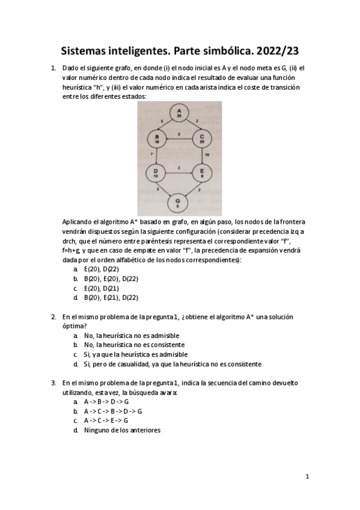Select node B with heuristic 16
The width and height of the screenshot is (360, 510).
[157, 139]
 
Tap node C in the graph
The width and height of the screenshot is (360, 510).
[201, 139]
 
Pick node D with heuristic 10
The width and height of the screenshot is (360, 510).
[157, 173]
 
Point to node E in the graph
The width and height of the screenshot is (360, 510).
[201, 173]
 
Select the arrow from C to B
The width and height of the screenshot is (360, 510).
[179, 139]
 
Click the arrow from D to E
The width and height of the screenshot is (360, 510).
[179, 173]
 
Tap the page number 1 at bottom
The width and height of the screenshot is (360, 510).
[307, 477]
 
